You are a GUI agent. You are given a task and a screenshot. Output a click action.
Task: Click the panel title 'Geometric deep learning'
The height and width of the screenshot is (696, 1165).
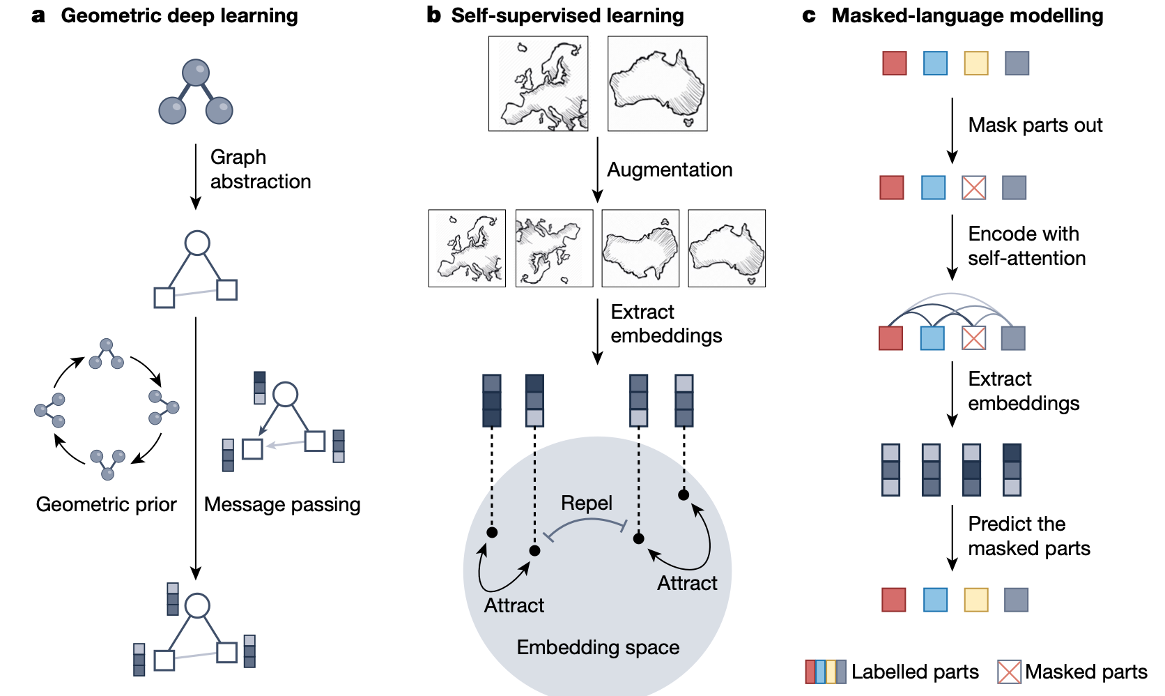pyautogui.click(x=179, y=15)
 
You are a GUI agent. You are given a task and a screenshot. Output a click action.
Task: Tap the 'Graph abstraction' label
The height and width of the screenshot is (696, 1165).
pyautogui.click(x=260, y=169)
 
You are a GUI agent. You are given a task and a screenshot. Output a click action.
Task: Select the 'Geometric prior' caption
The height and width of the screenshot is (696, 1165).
pyautogui.click(x=106, y=504)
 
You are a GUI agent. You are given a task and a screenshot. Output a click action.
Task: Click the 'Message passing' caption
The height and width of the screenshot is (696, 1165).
pyautogui.click(x=282, y=504)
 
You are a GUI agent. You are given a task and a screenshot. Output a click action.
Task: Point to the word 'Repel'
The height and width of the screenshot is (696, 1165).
pyautogui.click(x=587, y=503)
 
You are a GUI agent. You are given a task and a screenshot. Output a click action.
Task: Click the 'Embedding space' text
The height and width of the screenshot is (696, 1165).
pyautogui.click(x=598, y=647)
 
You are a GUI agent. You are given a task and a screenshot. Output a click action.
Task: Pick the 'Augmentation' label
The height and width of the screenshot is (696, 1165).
pyautogui.click(x=670, y=169)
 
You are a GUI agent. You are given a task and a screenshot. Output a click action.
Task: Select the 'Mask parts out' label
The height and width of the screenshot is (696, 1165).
pyautogui.click(x=1035, y=125)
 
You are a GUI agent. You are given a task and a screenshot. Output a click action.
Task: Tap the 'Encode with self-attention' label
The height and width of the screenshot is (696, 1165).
pyautogui.click(x=1026, y=245)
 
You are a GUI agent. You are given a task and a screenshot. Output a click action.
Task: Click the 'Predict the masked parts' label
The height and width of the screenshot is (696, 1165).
pyautogui.click(x=1028, y=536)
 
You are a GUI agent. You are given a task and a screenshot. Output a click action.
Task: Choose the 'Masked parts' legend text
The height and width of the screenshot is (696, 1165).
pyautogui.click(x=1086, y=672)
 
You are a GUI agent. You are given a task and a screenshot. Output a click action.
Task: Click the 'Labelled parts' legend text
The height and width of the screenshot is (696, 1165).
pyautogui.click(x=914, y=672)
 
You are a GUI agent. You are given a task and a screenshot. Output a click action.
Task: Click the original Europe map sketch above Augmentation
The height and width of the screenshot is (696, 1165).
pyautogui.click(x=538, y=84)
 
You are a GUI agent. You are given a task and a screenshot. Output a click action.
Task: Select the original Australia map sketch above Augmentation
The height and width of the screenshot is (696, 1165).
pyautogui.click(x=657, y=84)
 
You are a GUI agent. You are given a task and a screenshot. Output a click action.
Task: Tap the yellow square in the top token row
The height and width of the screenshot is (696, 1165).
pyautogui.click(x=975, y=63)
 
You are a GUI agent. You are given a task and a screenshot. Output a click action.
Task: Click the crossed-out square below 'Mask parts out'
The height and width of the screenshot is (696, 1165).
pyautogui.click(x=973, y=188)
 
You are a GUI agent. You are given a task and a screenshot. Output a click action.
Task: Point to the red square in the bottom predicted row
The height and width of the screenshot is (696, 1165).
pyautogui.click(x=893, y=600)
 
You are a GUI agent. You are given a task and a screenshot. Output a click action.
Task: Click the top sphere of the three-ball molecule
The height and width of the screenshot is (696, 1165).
pyautogui.click(x=196, y=73)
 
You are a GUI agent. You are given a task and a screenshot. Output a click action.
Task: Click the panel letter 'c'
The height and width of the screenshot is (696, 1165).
pyautogui.click(x=808, y=15)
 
